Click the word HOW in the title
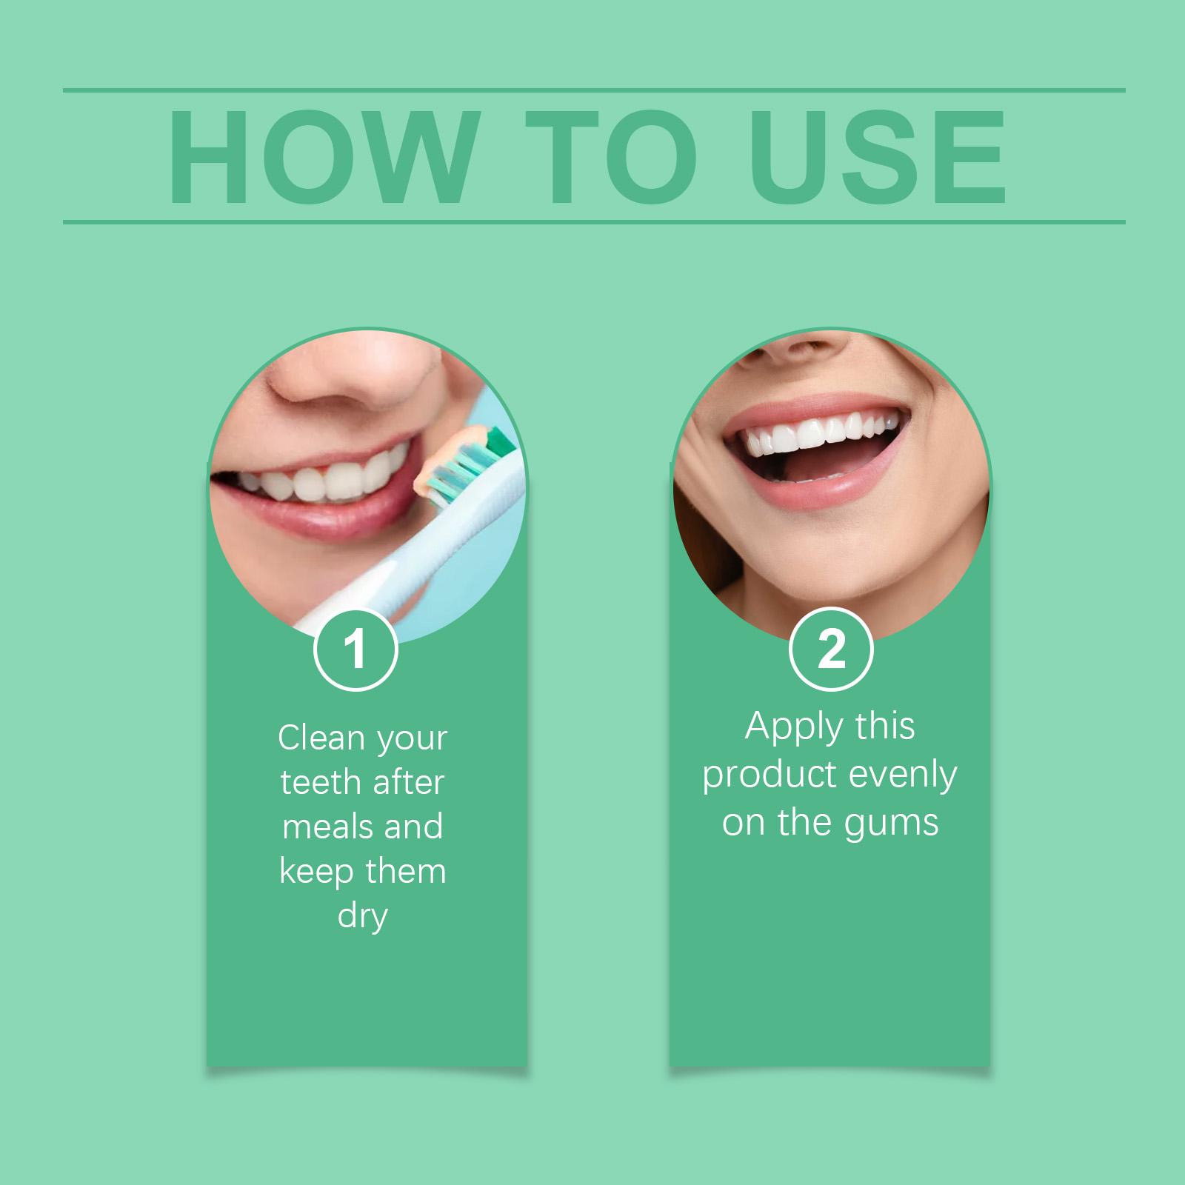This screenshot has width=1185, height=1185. (321, 157)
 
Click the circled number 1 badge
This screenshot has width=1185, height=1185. (356, 650)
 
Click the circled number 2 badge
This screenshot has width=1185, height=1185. (831, 650)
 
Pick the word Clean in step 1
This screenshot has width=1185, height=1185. (321, 738)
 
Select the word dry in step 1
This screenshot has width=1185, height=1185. (363, 917)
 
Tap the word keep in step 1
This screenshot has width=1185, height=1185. (316, 872)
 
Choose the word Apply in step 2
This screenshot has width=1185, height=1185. (788, 727)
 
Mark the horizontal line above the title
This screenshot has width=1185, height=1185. (594, 90)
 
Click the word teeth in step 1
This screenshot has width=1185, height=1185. (320, 782)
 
